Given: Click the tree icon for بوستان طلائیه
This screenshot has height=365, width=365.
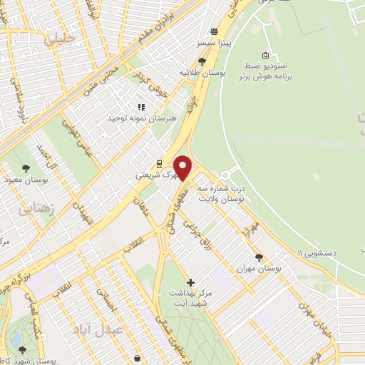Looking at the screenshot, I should (202, 61).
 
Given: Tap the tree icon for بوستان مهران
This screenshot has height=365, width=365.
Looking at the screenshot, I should (259, 258).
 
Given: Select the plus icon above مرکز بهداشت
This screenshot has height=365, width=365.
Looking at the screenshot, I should (190, 283).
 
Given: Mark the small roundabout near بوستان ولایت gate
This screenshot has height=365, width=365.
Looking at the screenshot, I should (226, 175).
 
